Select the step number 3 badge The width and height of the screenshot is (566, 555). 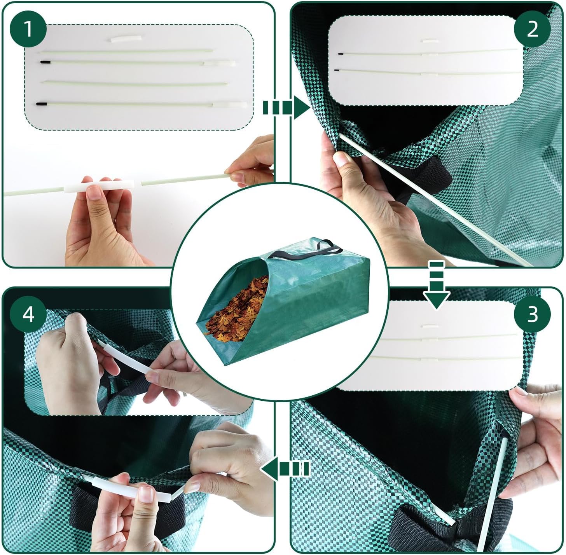tap(532, 314)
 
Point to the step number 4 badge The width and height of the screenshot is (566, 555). tap(28, 314)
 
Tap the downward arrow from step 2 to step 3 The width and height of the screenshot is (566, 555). tap(436, 285)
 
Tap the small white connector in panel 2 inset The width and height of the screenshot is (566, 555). tap(430, 40)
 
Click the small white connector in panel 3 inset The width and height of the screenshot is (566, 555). tap(429, 326)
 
